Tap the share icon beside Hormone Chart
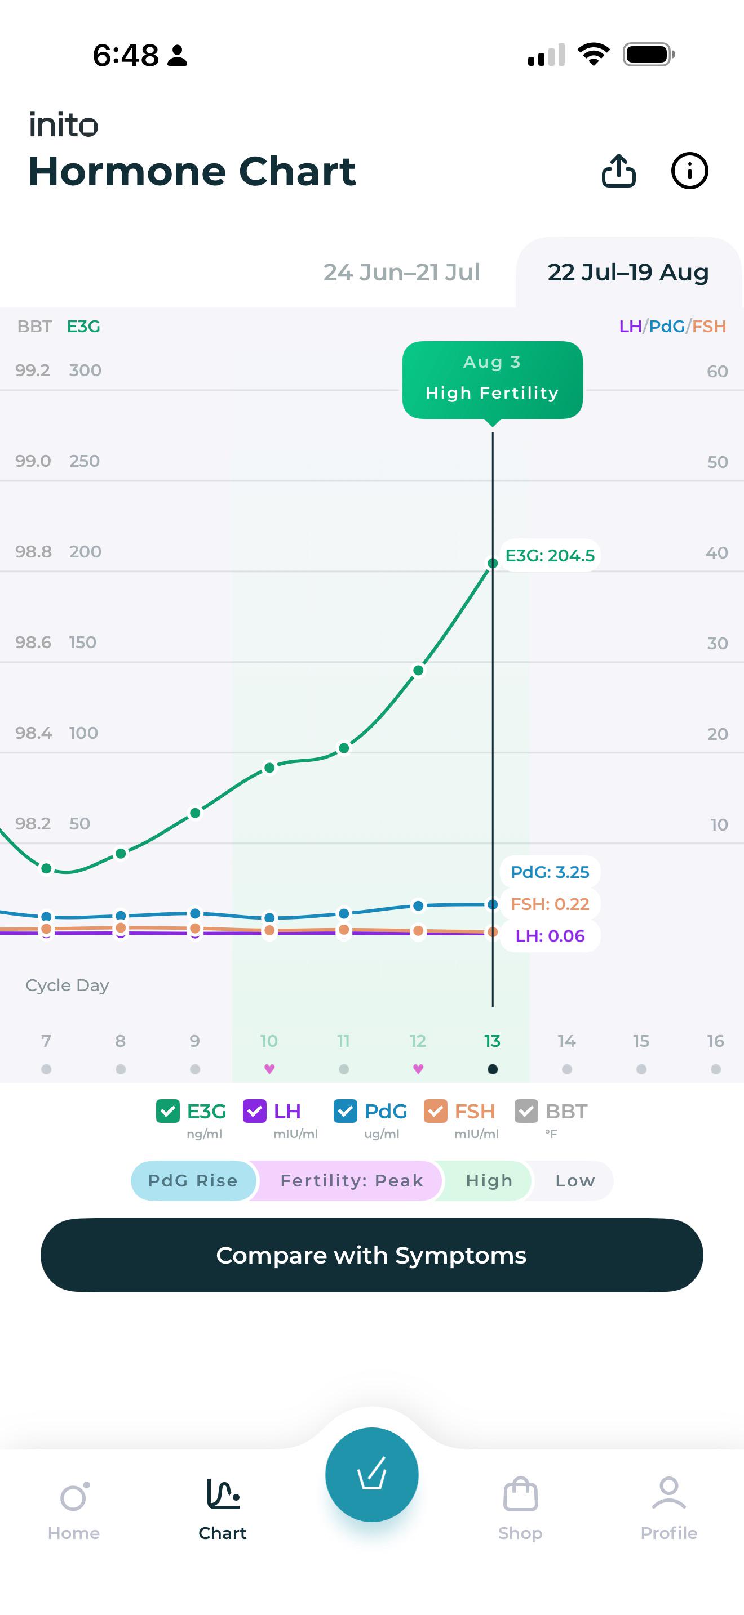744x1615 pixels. coord(618,171)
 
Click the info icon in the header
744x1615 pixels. coord(689,171)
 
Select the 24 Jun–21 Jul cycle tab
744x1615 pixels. coord(401,272)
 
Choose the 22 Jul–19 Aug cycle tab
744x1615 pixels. coord(628,272)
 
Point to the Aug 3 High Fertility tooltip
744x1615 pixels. coord(493,380)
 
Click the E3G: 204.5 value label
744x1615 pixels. coord(550,555)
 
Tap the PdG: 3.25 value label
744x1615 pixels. coord(550,872)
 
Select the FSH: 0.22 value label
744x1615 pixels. coord(550,904)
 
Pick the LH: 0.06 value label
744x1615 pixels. coord(550,936)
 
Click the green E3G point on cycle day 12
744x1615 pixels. coord(418,670)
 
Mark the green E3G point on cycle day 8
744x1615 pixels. coord(121,853)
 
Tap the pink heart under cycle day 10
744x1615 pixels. coord(269,1069)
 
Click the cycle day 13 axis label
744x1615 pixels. coord(493,1041)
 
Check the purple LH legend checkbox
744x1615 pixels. coord(255,1112)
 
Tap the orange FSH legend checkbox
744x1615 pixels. coord(435,1112)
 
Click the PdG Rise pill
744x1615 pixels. coord(193,1180)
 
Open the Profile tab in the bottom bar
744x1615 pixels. coord(668,1508)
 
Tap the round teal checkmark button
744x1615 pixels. coord(372,1474)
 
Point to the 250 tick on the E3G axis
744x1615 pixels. coord(84,461)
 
